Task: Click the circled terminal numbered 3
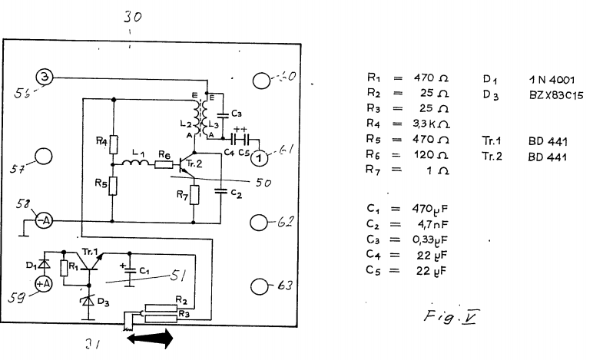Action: (45, 76)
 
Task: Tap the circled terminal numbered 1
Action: (260, 157)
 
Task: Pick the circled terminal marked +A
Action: (43, 282)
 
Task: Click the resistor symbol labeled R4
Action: (114, 144)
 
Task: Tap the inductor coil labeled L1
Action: (137, 163)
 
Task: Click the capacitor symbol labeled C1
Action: (129, 272)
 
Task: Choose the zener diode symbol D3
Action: (85, 302)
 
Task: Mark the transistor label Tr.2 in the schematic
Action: (193, 163)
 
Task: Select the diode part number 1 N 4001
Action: (552, 79)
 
